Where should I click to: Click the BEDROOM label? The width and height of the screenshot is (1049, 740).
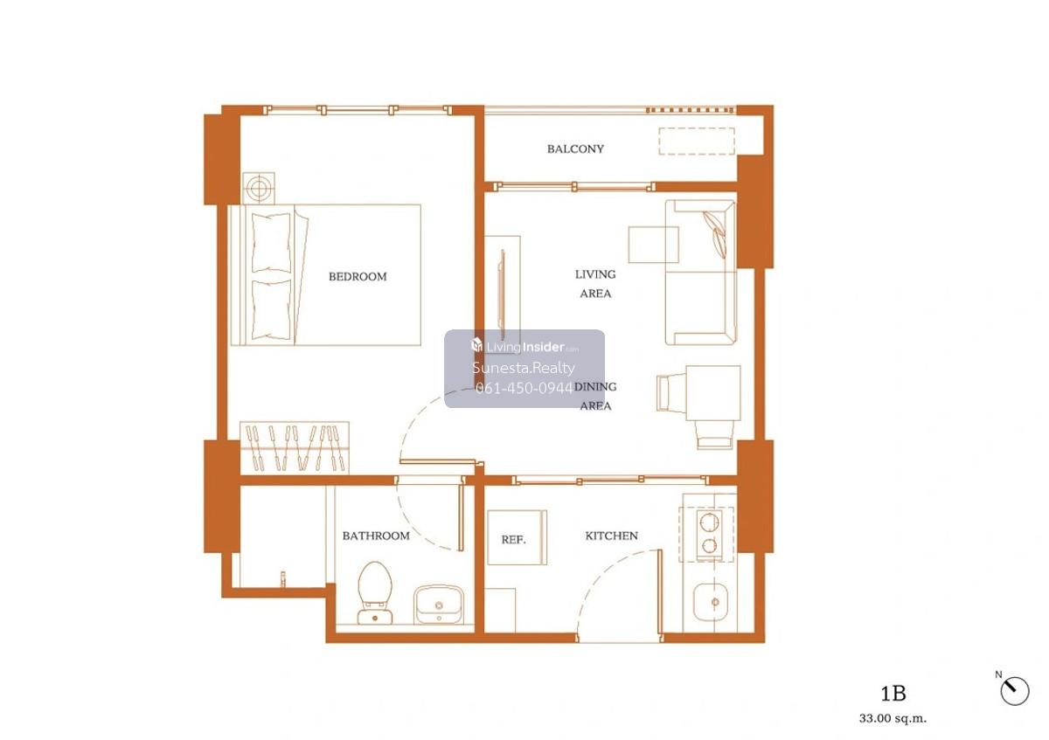pyautogui.click(x=358, y=277)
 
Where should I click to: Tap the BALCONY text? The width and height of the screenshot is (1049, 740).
pyautogui.click(x=575, y=149)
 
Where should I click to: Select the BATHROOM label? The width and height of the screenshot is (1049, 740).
pyautogui.click(x=376, y=536)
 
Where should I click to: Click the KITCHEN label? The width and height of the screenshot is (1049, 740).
pyautogui.click(x=612, y=536)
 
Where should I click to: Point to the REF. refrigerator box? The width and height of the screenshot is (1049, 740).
pyautogui.click(x=517, y=537)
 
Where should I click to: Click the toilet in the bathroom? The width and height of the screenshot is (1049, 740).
pyautogui.click(x=375, y=592)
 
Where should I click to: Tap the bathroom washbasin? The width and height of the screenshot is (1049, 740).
pyautogui.click(x=439, y=605)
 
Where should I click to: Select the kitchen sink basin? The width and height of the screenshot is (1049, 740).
pyautogui.click(x=711, y=602)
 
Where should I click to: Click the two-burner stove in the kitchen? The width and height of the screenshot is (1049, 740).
pyautogui.click(x=710, y=535)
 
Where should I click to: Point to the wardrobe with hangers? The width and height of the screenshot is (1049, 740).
pyautogui.click(x=295, y=447)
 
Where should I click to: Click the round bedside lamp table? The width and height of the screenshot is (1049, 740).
pyautogui.click(x=259, y=188)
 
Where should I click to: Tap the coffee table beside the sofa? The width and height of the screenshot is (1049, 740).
pyautogui.click(x=653, y=245)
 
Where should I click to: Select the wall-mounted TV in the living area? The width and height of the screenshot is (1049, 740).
pyautogui.click(x=503, y=294)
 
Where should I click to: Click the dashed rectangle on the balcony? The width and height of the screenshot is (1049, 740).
pyautogui.click(x=697, y=141)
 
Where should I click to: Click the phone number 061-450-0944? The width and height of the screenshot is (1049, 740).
pyautogui.click(x=524, y=388)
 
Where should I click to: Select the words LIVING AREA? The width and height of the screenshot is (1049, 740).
pyautogui.click(x=595, y=284)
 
